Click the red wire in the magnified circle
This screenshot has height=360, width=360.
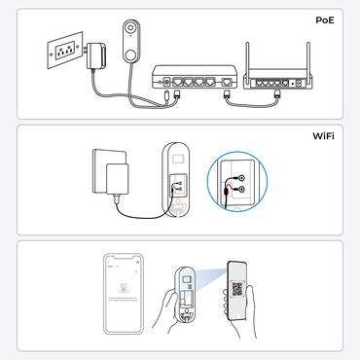pos(227,182)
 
